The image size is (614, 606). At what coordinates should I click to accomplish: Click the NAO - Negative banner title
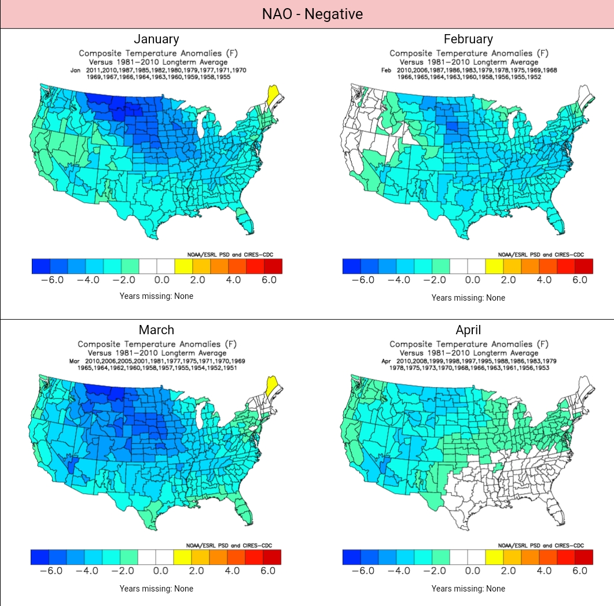pos(307,14)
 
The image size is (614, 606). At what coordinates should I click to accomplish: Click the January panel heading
pos(156,39)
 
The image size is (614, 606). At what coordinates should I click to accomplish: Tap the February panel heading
pos(468,39)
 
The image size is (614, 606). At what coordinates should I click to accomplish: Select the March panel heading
pos(156,330)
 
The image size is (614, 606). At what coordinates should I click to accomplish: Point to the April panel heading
pos(468,330)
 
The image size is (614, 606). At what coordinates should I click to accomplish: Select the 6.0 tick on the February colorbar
pos(580,280)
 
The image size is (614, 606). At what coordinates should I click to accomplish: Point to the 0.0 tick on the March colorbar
pos(161,571)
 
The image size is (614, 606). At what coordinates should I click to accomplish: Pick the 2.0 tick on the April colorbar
pos(508,571)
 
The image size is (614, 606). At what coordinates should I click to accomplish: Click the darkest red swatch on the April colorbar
pos(584,557)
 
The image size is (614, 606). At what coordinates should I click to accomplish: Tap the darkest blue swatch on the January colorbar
pos(41,266)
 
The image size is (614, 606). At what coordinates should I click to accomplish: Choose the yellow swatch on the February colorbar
pos(495,266)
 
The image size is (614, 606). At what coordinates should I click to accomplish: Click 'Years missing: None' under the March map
pos(156,589)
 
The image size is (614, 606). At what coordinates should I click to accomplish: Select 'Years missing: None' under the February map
pos(468,298)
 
